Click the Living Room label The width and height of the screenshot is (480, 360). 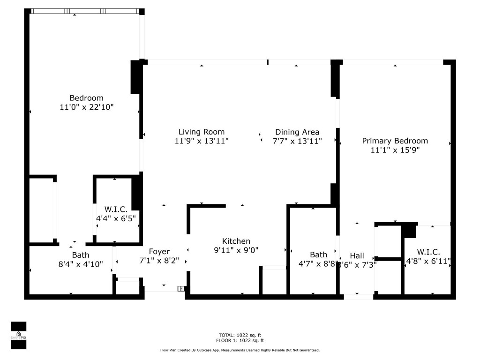pyautogui.click(x=201, y=132)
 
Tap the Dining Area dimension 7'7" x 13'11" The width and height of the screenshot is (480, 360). pyautogui.click(x=297, y=141)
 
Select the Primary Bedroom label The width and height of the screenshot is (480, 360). pyautogui.click(x=395, y=141)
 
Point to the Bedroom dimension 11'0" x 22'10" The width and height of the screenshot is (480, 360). pyautogui.click(x=86, y=107)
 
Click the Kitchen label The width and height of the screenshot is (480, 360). pyautogui.click(x=236, y=241)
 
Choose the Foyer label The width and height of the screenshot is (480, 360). pyautogui.click(x=159, y=251)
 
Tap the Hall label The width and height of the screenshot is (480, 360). pyautogui.click(x=357, y=255)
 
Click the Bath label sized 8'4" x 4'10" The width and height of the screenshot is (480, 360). pyautogui.click(x=80, y=255)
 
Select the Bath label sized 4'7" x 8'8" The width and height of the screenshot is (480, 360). pyautogui.click(x=318, y=255)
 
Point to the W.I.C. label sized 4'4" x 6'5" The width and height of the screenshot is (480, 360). pyautogui.click(x=115, y=209)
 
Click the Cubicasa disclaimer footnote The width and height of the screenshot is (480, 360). pyautogui.click(x=240, y=350)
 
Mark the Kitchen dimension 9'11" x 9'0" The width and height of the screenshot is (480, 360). pyautogui.click(x=236, y=250)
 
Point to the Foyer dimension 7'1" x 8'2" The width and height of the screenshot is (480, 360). pyautogui.click(x=159, y=261)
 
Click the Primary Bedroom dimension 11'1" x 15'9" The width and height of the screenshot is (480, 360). pyautogui.click(x=395, y=150)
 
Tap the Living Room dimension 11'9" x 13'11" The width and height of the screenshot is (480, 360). pyautogui.click(x=201, y=141)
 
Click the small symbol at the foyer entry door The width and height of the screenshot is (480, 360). pyautogui.click(x=180, y=289)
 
